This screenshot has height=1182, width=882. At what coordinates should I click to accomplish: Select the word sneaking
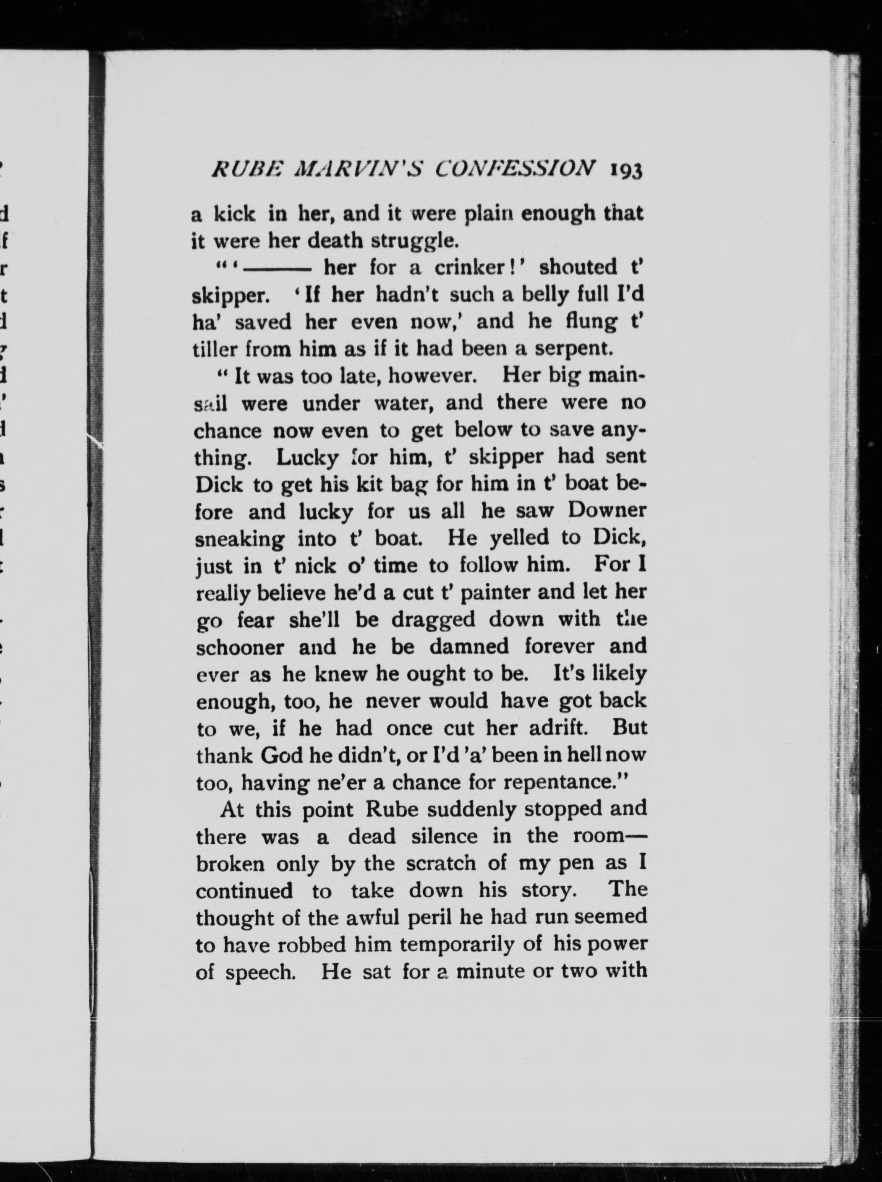pyautogui.click(x=240, y=539)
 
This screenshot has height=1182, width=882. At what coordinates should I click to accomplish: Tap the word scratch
pyautogui.click(x=440, y=863)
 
